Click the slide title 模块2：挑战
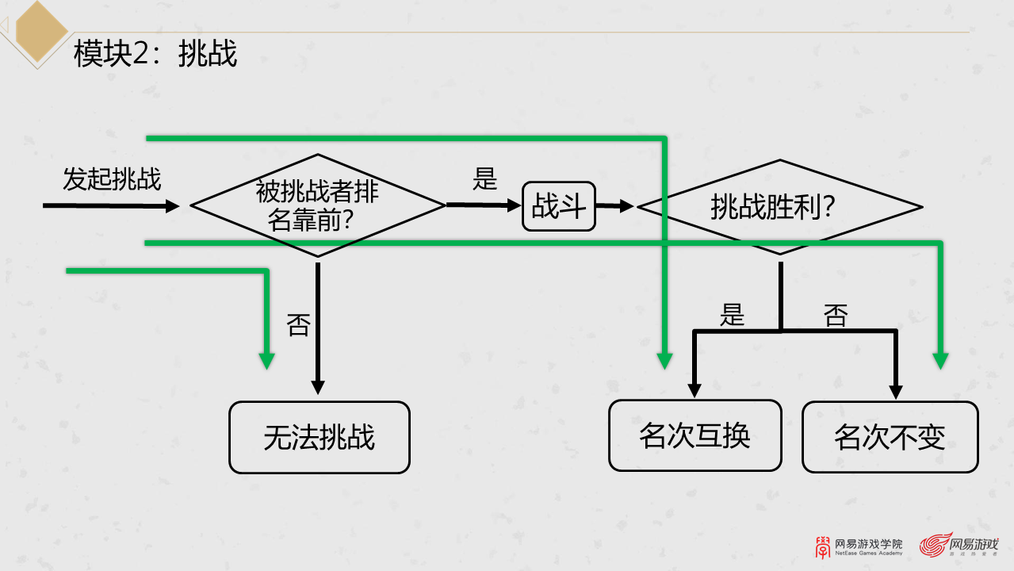155,54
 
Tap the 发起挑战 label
112,179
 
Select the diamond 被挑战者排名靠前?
318,205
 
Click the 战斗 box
559,207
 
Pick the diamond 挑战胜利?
779,207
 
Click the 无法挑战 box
320,437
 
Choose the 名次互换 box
695,435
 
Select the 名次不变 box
890,437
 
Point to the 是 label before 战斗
484,179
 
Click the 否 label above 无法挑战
298,324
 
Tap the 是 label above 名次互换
732,315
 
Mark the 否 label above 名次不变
836,315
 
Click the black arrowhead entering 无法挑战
318,386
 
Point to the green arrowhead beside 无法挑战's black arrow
267,360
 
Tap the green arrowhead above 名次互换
665,360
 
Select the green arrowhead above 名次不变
941,360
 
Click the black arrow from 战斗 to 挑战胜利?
615,206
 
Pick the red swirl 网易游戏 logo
936,545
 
